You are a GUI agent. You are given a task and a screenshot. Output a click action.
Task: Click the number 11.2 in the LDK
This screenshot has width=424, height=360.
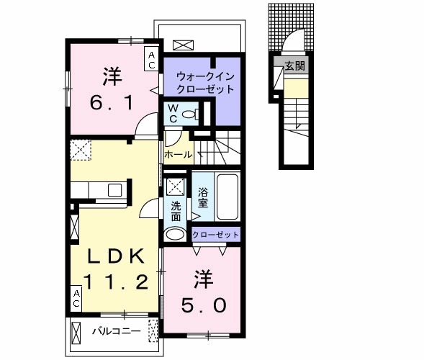pos(119,281)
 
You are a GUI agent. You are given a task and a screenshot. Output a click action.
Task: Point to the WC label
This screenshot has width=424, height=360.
pos(173,113)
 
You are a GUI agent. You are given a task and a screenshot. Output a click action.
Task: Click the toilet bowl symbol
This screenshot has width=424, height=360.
pos(189,114)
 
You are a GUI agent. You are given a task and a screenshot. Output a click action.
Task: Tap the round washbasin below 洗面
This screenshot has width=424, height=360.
pos(174,235)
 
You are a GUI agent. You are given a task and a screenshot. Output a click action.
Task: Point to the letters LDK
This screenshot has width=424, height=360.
pos(119,255)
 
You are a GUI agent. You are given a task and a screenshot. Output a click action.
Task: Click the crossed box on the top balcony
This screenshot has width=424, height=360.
pos(184,45)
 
